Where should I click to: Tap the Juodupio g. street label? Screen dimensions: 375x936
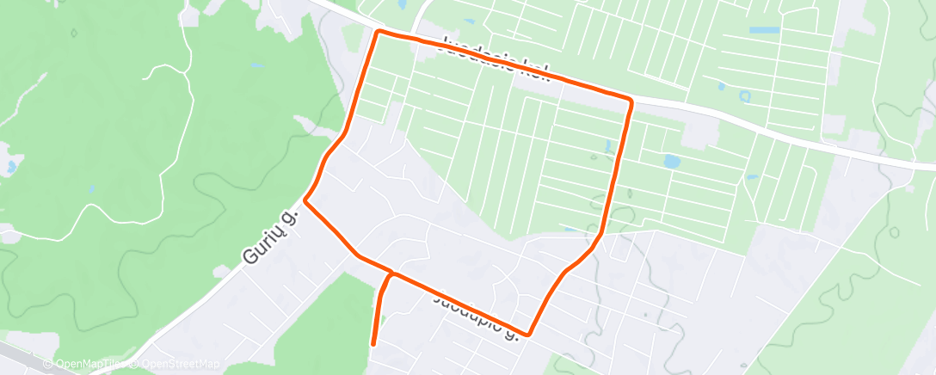[x=476, y=315]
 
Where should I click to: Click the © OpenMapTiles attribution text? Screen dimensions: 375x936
[x=87, y=364]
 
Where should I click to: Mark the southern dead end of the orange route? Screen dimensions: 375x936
[x=373, y=344]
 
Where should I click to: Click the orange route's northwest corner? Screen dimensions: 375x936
[x=378, y=32]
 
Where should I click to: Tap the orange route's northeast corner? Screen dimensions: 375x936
[x=631, y=101]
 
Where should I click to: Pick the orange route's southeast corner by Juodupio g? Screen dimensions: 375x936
[x=528, y=334]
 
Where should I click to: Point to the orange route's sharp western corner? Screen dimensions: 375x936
[x=305, y=203]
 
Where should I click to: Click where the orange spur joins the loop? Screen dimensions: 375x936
[x=392, y=274]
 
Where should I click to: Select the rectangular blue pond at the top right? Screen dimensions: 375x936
[x=764, y=30]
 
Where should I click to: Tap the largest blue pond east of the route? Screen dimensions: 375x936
[x=671, y=161]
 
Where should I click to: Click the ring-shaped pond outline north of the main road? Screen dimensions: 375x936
[x=744, y=96]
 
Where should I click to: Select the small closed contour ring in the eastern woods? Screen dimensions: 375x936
[x=894, y=232]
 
